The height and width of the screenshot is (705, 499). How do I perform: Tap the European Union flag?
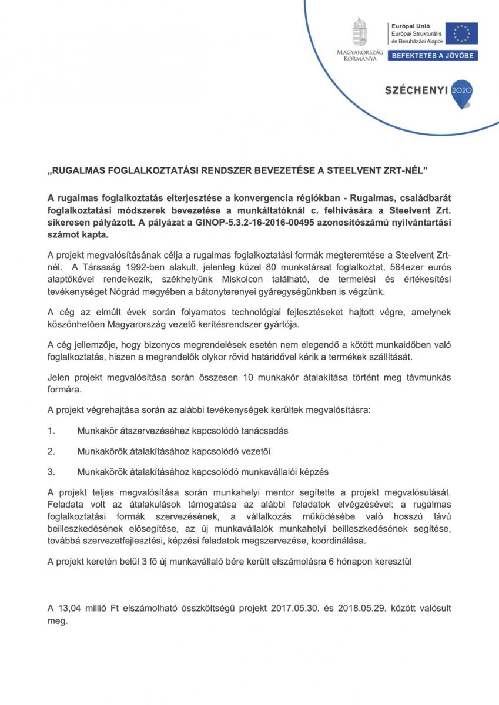(461, 33)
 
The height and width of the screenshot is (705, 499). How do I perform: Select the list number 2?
(51, 451)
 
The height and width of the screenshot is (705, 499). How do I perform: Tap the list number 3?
(51, 471)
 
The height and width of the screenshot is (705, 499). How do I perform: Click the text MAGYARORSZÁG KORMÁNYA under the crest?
(359, 55)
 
